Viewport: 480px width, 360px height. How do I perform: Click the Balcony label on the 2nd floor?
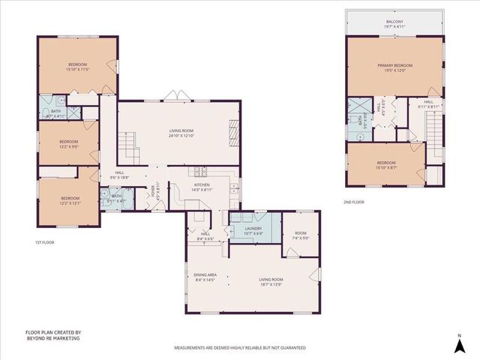coord(394,22)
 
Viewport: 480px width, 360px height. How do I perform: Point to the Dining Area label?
coord(205,274)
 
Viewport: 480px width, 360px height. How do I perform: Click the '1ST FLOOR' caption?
coord(44,242)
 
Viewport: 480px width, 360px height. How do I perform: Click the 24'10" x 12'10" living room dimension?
coord(181,136)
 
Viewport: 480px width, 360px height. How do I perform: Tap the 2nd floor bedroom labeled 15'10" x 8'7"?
coord(386,166)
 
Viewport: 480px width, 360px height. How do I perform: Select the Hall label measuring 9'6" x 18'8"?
coord(119,175)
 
